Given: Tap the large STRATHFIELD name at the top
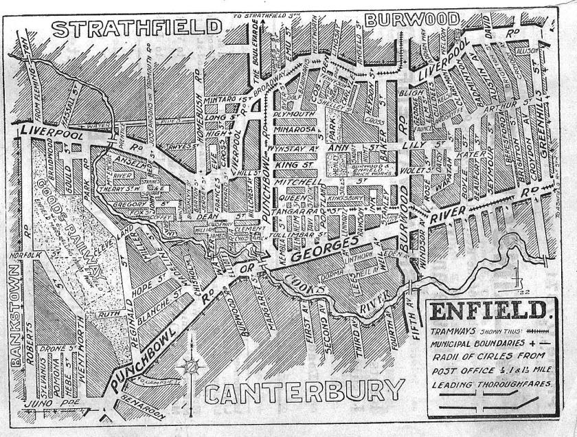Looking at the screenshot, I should tap(137, 30).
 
